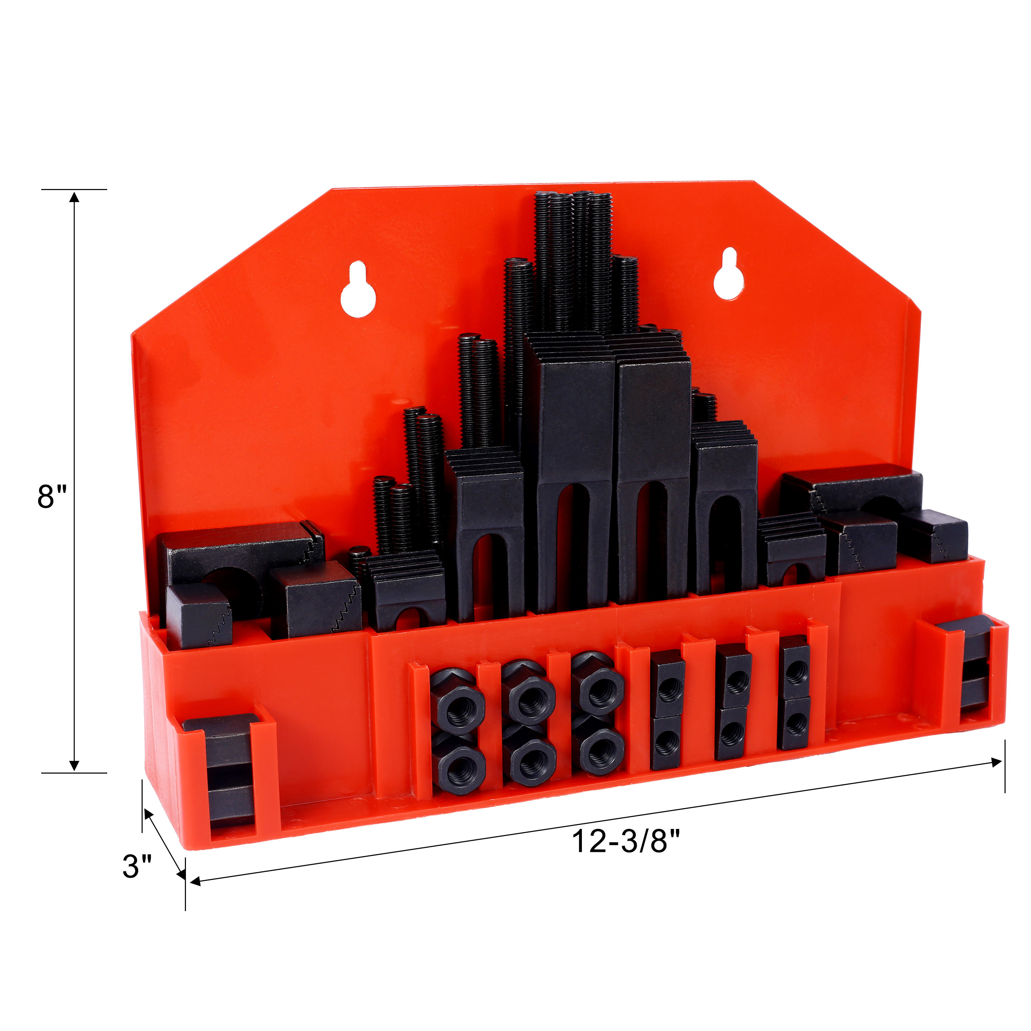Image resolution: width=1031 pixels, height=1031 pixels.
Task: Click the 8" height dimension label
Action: pyautogui.click(x=52, y=497)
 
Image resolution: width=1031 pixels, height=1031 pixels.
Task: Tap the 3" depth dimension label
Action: pyautogui.click(x=137, y=866)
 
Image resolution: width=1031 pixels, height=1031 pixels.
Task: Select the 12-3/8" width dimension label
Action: pyautogui.click(x=626, y=842)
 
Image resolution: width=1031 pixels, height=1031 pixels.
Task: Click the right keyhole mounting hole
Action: pyautogui.click(x=729, y=274)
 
